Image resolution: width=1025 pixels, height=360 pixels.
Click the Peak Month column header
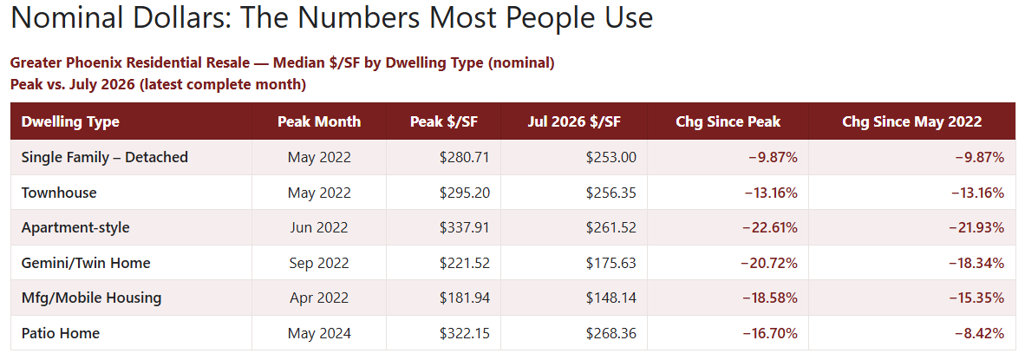tap(319, 121)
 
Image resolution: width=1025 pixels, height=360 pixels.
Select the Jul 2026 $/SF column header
tap(574, 121)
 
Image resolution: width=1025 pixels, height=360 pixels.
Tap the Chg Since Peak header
tap(728, 121)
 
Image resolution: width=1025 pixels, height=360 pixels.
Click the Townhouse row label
tap(59, 193)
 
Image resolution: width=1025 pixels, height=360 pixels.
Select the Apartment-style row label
tap(75, 228)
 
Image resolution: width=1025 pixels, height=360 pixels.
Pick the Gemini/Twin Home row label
tap(86, 264)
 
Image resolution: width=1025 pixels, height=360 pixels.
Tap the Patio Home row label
tap(61, 333)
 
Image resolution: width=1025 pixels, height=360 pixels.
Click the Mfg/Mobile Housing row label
tap(92, 298)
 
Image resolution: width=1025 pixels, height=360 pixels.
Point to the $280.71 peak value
tap(465, 158)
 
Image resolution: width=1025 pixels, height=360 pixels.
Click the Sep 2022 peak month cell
tap(319, 264)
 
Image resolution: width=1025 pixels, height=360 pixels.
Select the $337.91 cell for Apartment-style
tap(465, 228)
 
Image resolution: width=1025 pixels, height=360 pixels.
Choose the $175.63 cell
tap(611, 264)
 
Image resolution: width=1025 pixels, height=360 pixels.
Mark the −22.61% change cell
tap(769, 228)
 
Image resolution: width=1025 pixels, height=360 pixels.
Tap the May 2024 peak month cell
tap(319, 334)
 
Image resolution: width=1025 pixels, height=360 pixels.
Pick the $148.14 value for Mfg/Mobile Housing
tap(611, 298)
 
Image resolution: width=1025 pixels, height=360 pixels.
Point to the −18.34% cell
tap(976, 264)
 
